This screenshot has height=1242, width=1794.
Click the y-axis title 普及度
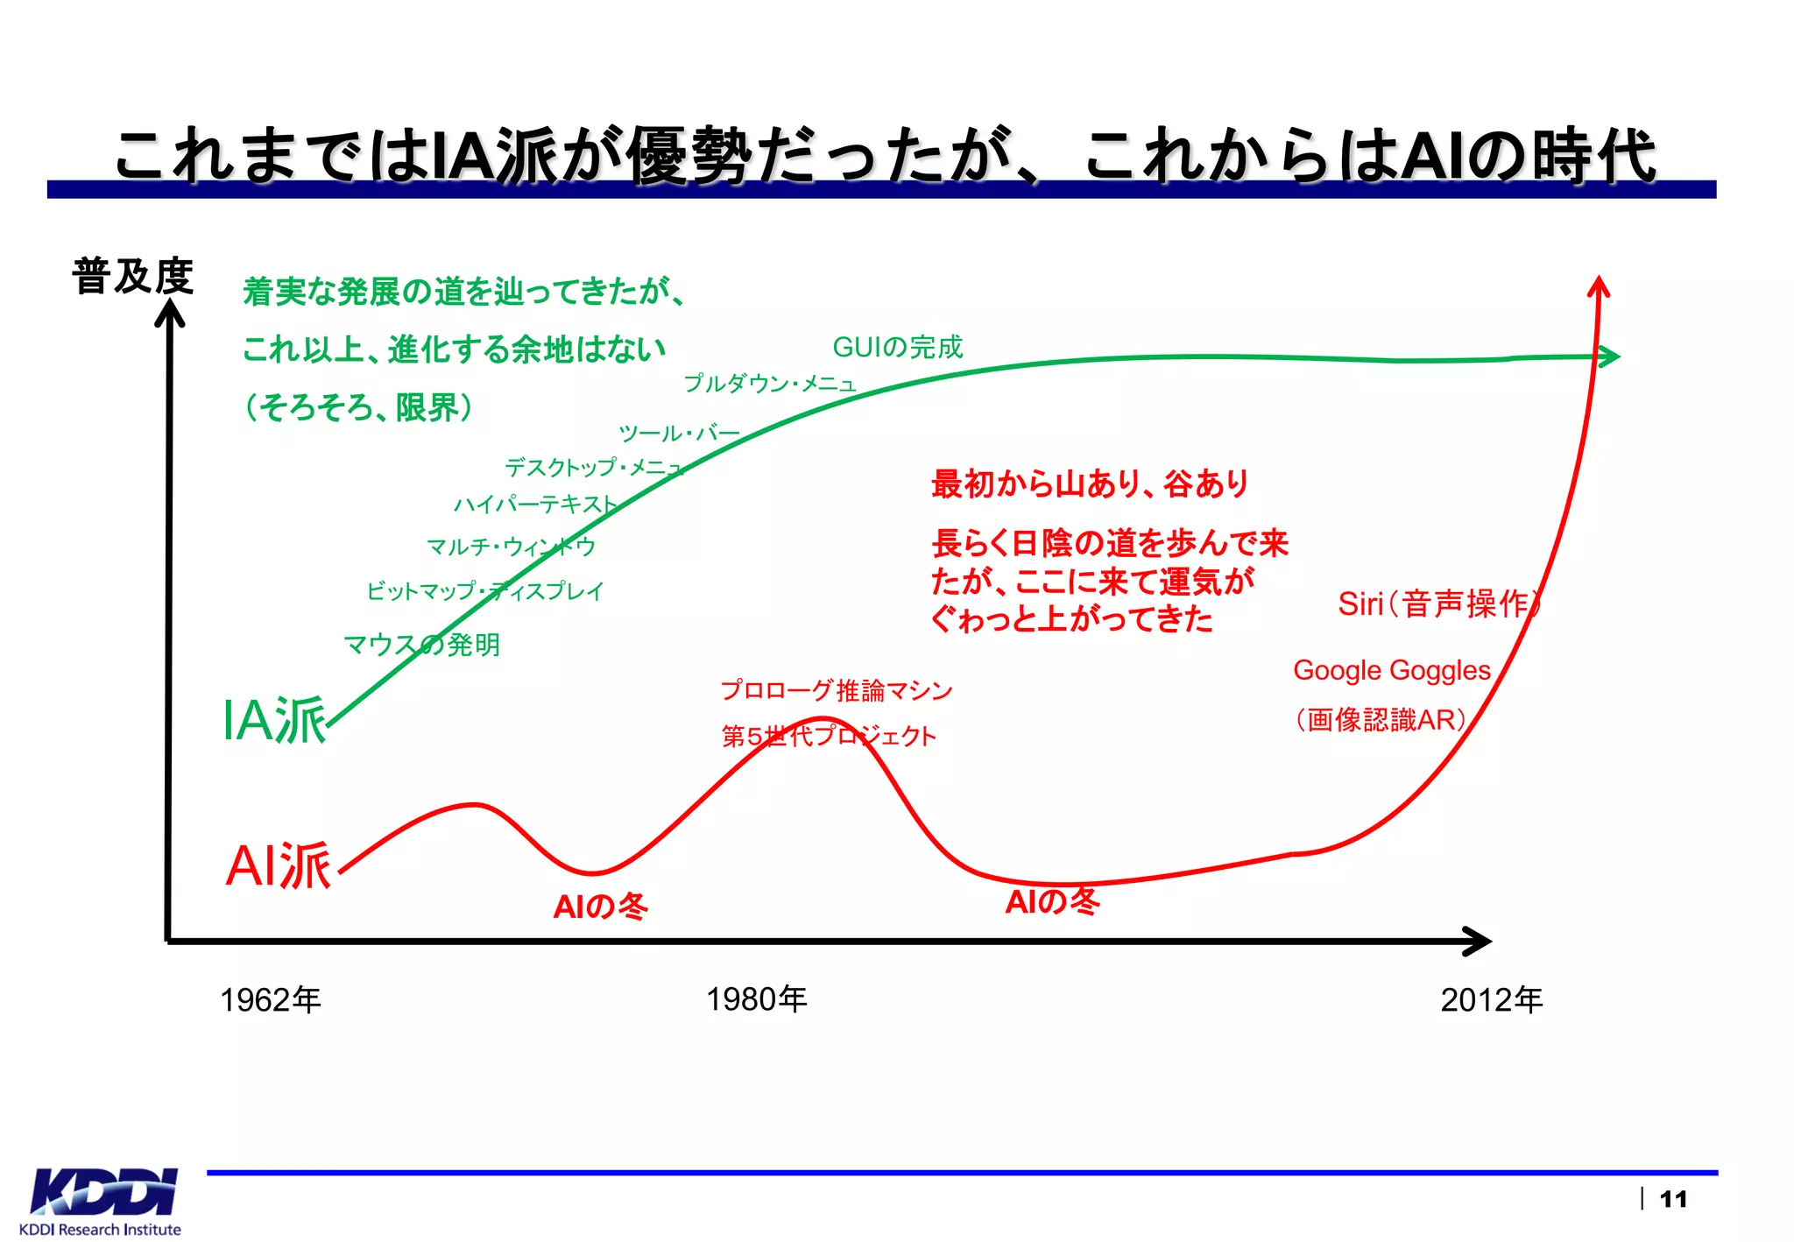132,277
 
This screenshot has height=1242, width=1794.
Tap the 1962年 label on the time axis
271,999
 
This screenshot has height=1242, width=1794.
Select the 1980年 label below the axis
757,999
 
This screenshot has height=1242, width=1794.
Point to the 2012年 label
1491,999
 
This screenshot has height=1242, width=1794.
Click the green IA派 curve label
274,721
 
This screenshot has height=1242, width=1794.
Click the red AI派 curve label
279,866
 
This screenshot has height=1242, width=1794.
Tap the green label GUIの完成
897,347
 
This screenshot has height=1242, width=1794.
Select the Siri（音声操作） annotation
1437,603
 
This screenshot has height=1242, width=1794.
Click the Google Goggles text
1391,670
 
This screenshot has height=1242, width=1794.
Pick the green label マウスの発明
421,645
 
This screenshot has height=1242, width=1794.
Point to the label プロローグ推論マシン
836,690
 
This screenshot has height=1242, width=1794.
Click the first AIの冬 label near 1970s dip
600,906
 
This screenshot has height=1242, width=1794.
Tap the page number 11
1673,1199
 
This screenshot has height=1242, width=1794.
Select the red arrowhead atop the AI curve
1599,286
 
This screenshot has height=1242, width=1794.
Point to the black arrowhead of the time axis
1479,942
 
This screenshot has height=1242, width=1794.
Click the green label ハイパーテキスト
535,505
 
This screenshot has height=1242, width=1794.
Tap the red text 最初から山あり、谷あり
1090,483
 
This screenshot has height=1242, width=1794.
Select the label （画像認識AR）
1381,719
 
